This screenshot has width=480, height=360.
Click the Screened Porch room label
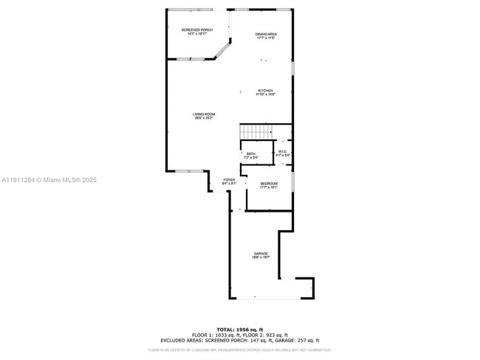click(196, 31)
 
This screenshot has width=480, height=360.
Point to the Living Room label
click(204, 115)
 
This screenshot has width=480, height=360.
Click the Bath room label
click(252, 155)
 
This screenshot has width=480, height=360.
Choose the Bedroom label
click(269, 184)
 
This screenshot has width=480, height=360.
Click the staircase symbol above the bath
click(256, 131)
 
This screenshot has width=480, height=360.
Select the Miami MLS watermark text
click(49, 180)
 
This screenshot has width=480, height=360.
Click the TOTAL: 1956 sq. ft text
click(240, 329)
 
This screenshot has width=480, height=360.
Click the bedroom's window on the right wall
click(292, 181)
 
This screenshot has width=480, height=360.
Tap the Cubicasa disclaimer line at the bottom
click(240, 350)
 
